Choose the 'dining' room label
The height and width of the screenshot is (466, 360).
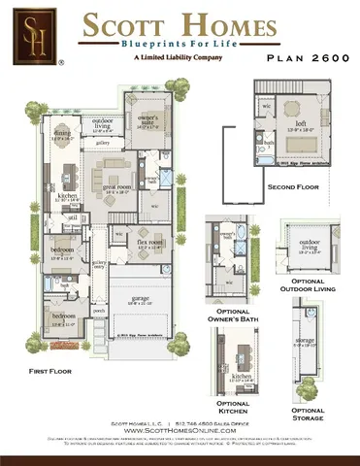61,134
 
